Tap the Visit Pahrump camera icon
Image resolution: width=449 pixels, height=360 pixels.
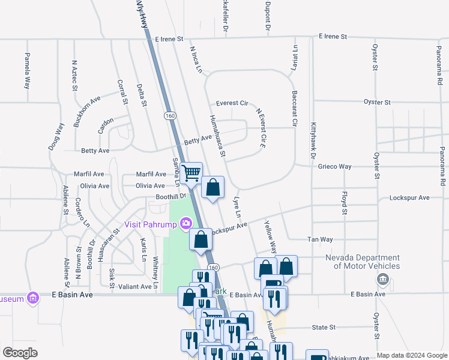[x=186, y=224]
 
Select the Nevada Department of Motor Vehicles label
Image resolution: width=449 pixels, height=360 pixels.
[x=363, y=262]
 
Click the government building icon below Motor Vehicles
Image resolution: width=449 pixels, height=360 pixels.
[x=382, y=280]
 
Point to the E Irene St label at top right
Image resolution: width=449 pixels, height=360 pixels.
[x=333, y=37]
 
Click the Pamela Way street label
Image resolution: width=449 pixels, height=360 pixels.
[x=27, y=71]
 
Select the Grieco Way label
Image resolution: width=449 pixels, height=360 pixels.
[x=335, y=166]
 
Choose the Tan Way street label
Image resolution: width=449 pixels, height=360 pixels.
[x=319, y=239]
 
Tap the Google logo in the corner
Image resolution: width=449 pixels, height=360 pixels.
[x=20, y=353]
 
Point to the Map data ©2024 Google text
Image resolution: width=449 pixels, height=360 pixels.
[x=411, y=355]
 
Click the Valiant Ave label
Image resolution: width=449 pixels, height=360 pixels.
[x=135, y=287]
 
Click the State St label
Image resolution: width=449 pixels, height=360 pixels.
[x=324, y=328]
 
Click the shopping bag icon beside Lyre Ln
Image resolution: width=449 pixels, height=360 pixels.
[x=212, y=188]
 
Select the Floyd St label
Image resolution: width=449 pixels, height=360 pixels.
[x=345, y=203]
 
